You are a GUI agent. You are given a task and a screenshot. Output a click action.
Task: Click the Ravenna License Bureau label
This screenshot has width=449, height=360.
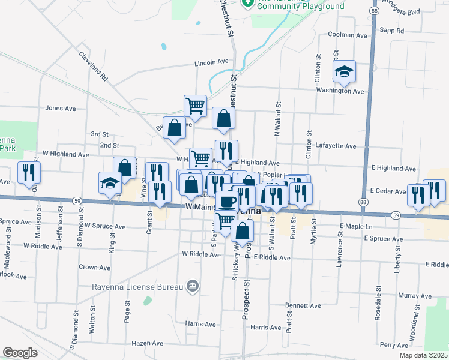click(136, 286)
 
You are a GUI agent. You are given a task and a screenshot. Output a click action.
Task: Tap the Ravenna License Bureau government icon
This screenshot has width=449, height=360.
click(192, 286)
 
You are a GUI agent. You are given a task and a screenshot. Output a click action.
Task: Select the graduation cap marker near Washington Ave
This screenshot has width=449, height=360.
click(345, 72)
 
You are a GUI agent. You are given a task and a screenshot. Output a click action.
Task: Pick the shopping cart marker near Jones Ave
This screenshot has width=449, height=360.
click(195, 106)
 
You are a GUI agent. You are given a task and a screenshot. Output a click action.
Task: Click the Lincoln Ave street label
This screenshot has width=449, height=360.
click(211, 62)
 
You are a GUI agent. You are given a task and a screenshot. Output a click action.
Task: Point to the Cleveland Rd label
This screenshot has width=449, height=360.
click(93, 65)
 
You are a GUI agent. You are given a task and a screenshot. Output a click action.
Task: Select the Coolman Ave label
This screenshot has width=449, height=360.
click(348, 35)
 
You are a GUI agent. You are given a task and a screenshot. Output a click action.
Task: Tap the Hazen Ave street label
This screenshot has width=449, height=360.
click(148, 343)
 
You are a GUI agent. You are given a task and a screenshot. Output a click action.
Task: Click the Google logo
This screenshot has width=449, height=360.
click(20, 352)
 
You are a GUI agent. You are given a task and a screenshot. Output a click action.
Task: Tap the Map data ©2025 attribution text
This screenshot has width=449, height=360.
click(424, 355)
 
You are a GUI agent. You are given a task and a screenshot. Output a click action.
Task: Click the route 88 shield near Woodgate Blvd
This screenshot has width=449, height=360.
click(374, 11)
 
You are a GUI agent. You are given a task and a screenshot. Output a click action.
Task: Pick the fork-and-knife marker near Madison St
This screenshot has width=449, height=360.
click(29, 173)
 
